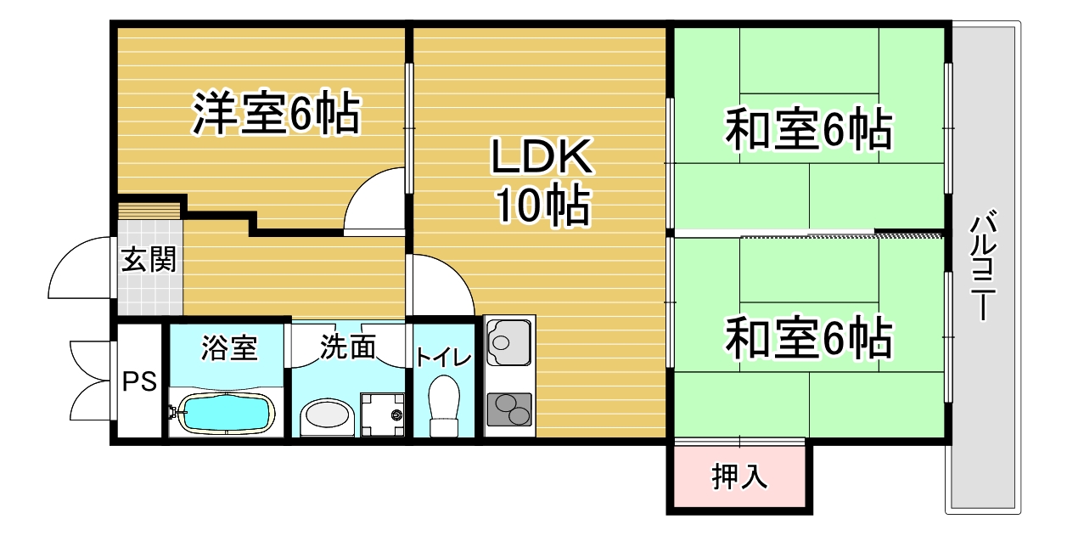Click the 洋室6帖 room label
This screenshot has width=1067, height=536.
tap(276, 113)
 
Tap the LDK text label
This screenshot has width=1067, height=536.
tap(542, 156)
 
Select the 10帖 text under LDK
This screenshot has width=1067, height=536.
tap(543, 205)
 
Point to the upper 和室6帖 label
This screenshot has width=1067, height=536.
tap(809, 129)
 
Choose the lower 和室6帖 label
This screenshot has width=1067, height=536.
tap(809, 338)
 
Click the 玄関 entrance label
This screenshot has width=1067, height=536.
tap(149, 259)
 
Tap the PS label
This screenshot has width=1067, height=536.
tap(139, 381)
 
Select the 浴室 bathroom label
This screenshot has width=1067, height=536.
tap(229, 347)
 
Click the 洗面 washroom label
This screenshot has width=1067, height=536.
tap(348, 347)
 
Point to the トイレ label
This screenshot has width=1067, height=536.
tap(444, 358)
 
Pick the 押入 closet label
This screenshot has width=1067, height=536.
tap(739, 477)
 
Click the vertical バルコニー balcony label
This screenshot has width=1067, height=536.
tap(983, 265)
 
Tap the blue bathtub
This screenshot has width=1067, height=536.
tap(227, 413)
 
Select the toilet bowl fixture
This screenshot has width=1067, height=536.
tap(444, 405)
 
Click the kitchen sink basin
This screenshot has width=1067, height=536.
tap(508, 342)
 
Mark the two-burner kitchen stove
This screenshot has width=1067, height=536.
tap(509, 409)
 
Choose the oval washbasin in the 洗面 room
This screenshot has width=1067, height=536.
tap(327, 414)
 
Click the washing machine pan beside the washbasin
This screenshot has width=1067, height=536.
tap(383, 415)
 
